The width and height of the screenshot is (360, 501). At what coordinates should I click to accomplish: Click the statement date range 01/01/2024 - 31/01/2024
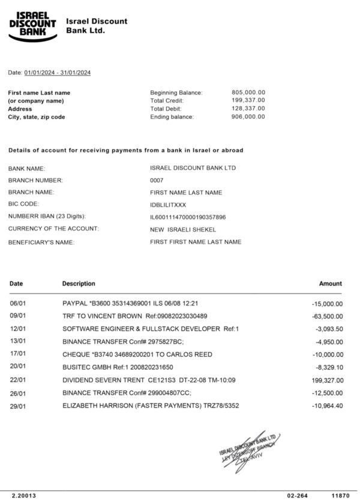[x=58, y=73]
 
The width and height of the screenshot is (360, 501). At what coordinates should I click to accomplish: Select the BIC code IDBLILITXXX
[x=168, y=205]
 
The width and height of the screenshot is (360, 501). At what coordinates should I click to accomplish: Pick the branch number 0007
[x=156, y=180]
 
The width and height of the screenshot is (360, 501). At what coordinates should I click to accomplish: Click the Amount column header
[x=330, y=284]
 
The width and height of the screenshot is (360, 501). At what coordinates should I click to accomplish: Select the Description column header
[x=79, y=284]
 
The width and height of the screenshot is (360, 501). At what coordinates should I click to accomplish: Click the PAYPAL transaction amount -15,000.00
[x=328, y=304]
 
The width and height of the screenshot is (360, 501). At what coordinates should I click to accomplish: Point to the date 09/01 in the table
[x=17, y=316]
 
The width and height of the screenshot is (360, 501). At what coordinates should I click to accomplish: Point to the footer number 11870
[x=340, y=496]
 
